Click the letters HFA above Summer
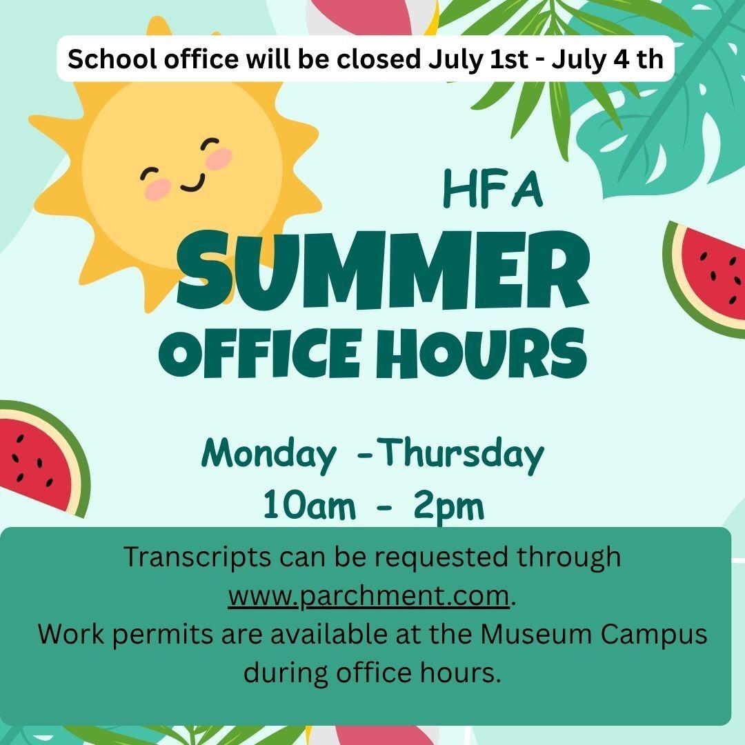point(493,190)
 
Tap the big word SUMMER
point(383,270)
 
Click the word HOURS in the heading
point(481,353)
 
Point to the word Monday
point(269,454)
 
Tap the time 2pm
point(448,508)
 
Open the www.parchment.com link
point(368,596)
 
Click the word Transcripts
point(197,557)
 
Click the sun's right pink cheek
point(219,159)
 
